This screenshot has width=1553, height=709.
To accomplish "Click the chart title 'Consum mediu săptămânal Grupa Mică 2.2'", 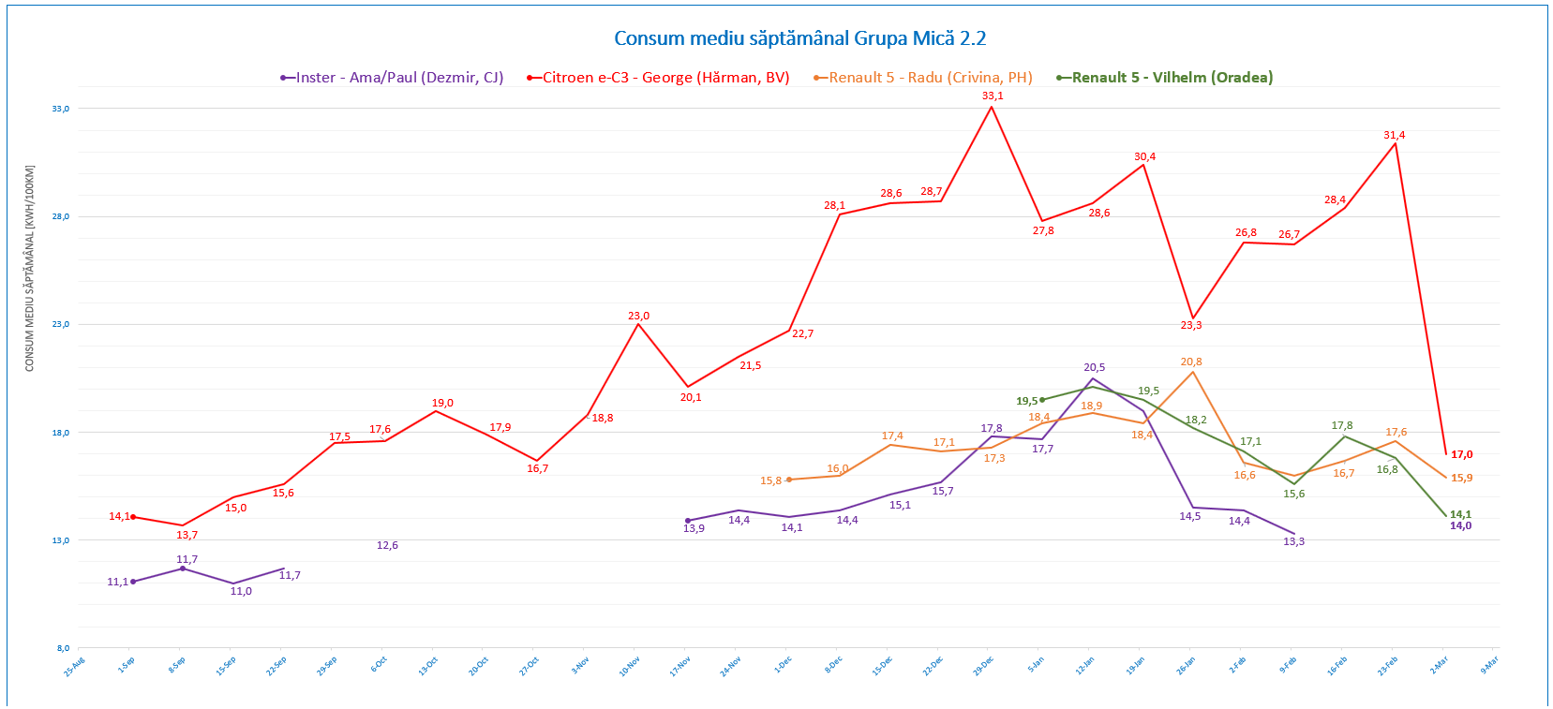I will tap(799, 38).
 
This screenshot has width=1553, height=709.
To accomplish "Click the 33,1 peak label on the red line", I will tap(993, 96).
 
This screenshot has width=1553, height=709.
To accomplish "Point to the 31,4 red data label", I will tap(1395, 135).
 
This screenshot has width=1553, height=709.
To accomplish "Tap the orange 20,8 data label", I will tap(1191, 362).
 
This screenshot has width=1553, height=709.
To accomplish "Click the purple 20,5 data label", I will tap(1095, 367).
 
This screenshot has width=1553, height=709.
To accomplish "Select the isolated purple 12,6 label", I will tap(387, 545).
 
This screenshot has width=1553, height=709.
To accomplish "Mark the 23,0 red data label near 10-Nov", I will tap(638, 316).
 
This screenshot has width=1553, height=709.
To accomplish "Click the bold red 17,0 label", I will tap(1462, 454).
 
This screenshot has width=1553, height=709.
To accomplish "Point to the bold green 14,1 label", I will tap(1460, 514).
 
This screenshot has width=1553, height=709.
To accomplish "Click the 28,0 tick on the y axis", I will tap(61, 216).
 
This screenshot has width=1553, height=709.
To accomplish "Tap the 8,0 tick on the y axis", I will tap(63, 648).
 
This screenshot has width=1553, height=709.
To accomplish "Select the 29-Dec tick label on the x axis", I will tap(984, 666).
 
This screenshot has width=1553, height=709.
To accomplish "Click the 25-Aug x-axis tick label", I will tap(75, 666).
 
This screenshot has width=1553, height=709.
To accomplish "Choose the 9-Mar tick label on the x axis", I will tap(1489, 664).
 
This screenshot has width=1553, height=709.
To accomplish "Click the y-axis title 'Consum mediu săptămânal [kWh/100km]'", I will tap(29, 269).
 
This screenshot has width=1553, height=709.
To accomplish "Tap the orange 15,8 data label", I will tap(770, 480).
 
